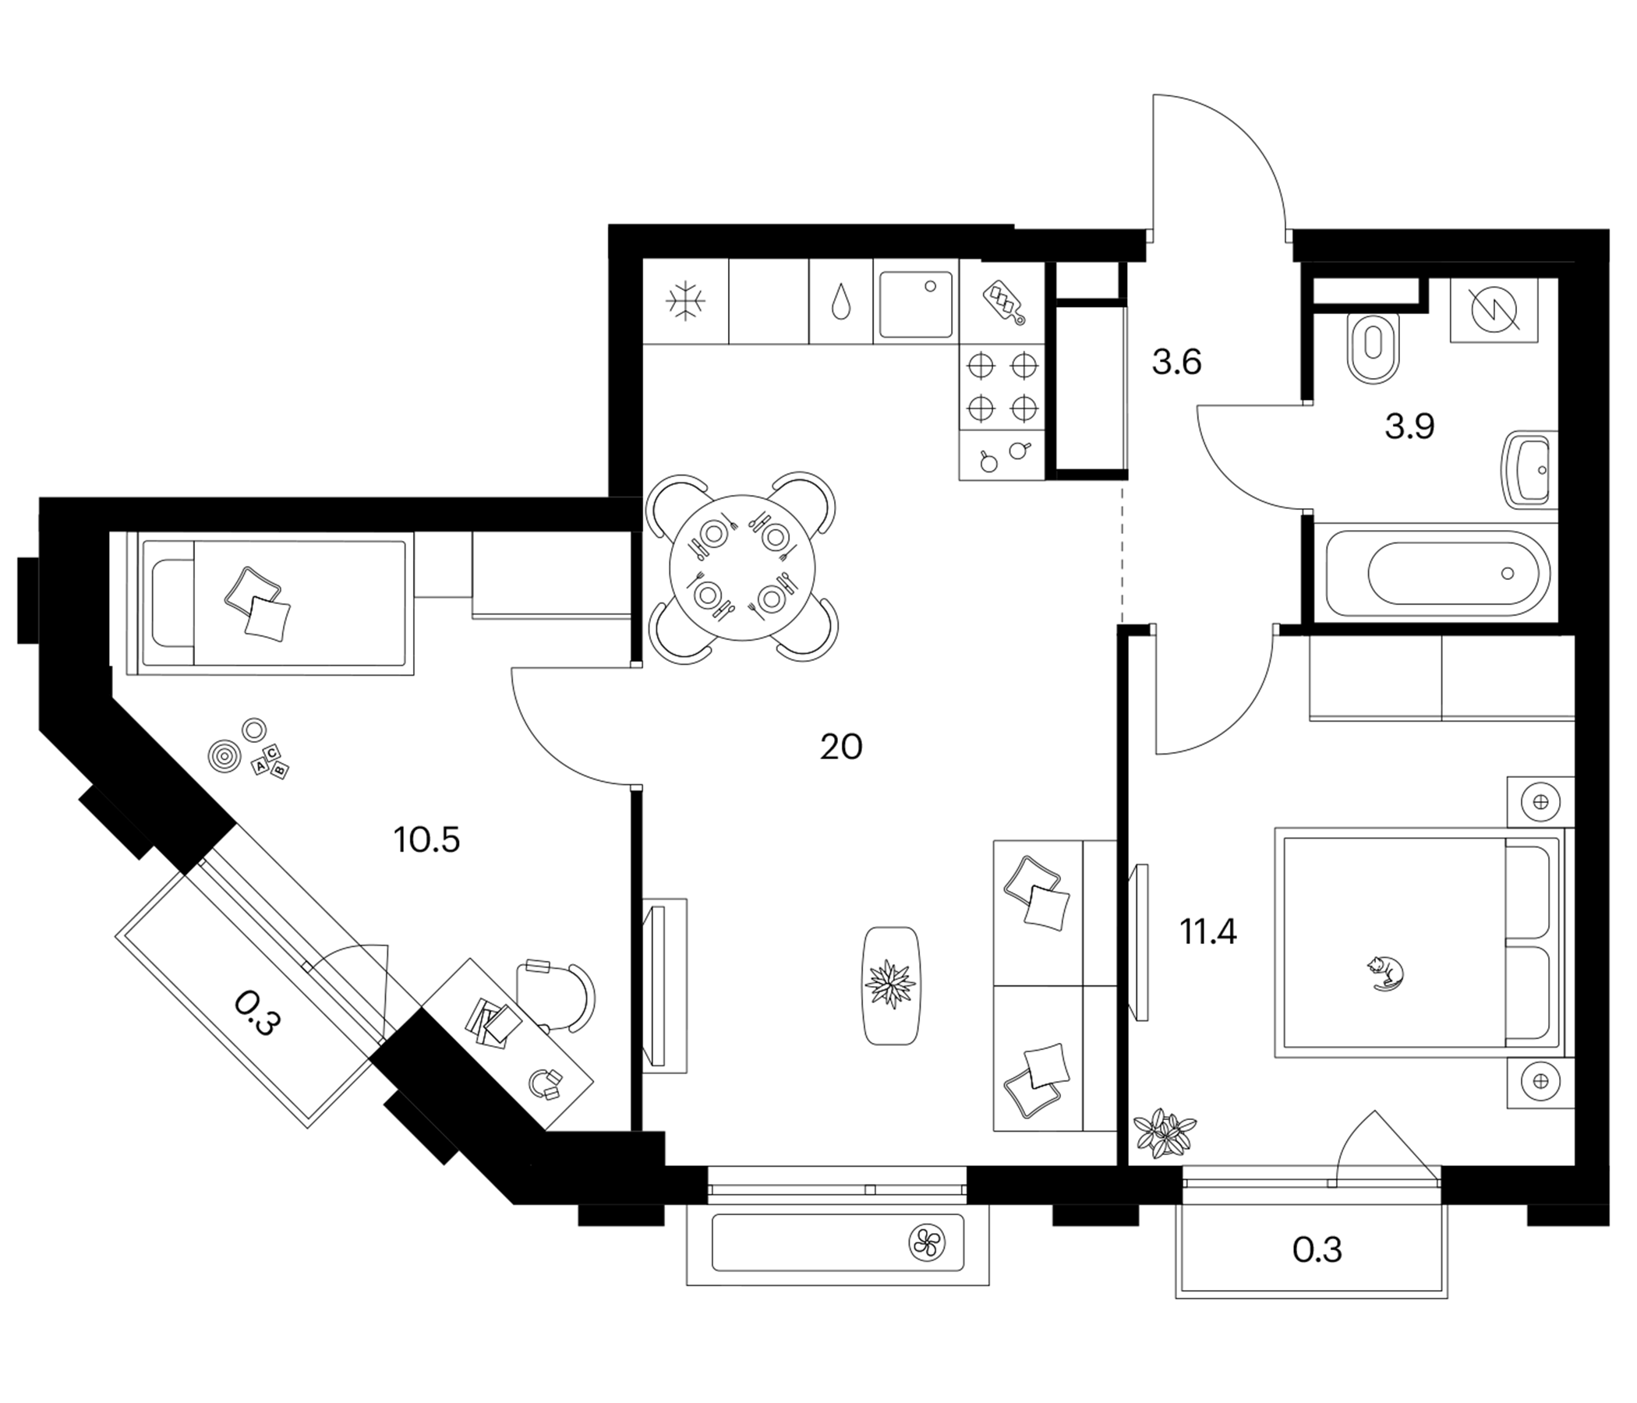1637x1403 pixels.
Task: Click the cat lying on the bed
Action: tap(1385, 974)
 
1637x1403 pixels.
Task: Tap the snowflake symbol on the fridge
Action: tap(685, 301)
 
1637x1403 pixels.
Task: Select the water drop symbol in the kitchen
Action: tap(841, 302)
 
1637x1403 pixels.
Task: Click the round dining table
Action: tap(742, 567)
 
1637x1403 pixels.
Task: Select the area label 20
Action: tap(840, 747)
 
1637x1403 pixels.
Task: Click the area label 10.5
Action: tap(426, 840)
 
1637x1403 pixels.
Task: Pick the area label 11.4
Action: tap(1208, 932)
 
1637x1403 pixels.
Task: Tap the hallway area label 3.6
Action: tap(1176, 362)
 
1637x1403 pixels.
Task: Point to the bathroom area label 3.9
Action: tap(1409, 426)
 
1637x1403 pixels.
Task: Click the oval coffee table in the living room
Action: tap(891, 986)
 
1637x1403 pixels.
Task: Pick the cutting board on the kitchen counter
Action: tap(1003, 302)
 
